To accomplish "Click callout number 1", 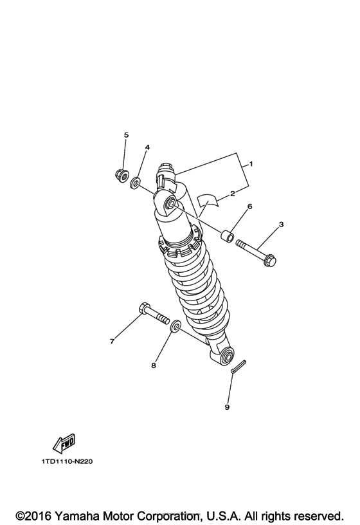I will point(251,164).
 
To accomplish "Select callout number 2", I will point(231,192).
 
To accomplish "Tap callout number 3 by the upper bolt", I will point(280,225).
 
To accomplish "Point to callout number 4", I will point(147,147).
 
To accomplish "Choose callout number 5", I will point(126,135).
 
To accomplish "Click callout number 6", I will point(249,206).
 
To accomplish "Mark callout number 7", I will point(112,341).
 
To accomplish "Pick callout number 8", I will point(153,365).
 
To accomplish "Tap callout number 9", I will point(226,407).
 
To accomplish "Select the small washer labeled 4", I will point(136,185).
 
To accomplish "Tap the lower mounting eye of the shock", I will point(226,356).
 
